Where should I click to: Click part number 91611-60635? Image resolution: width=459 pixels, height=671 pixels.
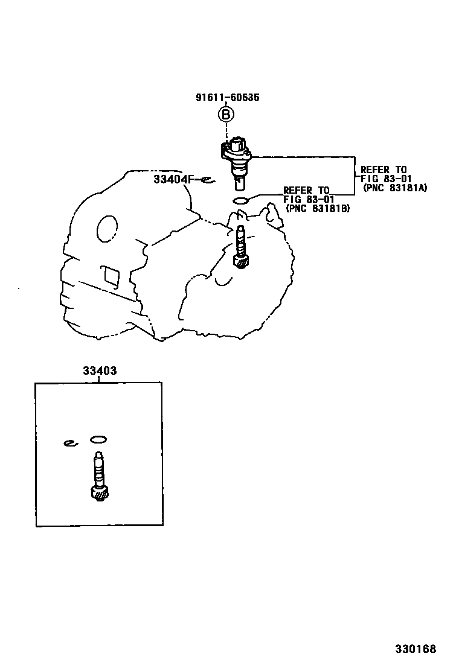(x=228, y=97)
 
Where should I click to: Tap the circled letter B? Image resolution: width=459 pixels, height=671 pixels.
(x=225, y=114)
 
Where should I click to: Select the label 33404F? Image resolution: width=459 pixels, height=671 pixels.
(x=176, y=179)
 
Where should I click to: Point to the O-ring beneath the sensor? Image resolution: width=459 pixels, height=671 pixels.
(x=240, y=200)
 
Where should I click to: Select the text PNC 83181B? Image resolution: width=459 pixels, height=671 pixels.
(x=318, y=208)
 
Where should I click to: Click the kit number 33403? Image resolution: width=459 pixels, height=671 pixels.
(x=100, y=370)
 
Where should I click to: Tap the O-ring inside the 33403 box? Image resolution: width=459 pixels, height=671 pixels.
(x=98, y=439)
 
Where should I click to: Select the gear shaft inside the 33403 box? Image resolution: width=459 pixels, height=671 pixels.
(x=98, y=474)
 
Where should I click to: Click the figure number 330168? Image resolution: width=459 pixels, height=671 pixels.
(x=416, y=649)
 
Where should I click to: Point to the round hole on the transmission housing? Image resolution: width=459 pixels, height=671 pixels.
(x=108, y=229)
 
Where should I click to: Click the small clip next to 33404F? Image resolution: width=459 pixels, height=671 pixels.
(x=207, y=179)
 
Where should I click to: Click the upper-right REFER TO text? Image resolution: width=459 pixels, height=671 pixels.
(x=384, y=170)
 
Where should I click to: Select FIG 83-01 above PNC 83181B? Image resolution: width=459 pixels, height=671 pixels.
(x=307, y=199)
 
